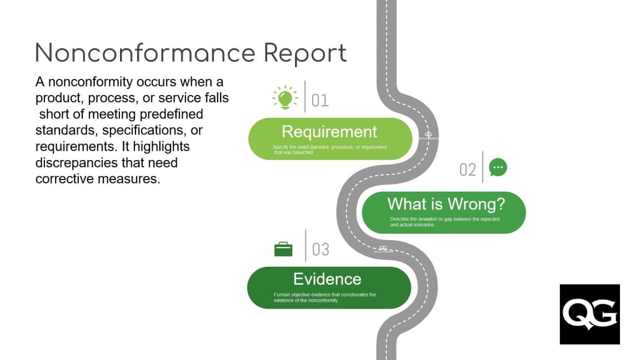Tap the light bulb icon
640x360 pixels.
(285, 98)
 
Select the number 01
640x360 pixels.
(320, 101)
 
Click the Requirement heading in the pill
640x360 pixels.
(329, 132)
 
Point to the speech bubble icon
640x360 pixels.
(498, 167)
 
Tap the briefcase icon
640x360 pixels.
(283, 249)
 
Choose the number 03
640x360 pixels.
(321, 249)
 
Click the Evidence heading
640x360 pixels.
(327, 278)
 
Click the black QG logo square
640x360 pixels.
(589, 314)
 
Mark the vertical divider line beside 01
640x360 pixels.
(305, 96)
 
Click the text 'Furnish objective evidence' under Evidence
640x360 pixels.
(301, 294)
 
